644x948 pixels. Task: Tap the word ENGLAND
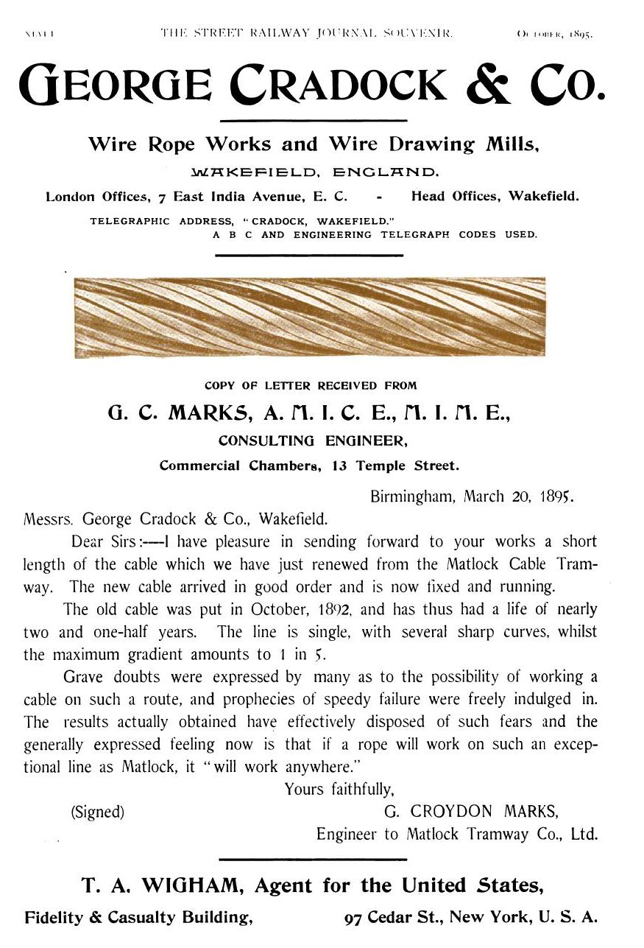386,173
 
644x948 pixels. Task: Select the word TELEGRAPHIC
130,221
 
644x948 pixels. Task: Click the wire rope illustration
310,317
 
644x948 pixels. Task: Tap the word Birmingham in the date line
413,496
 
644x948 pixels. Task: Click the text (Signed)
97,812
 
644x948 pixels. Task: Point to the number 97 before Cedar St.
354,919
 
